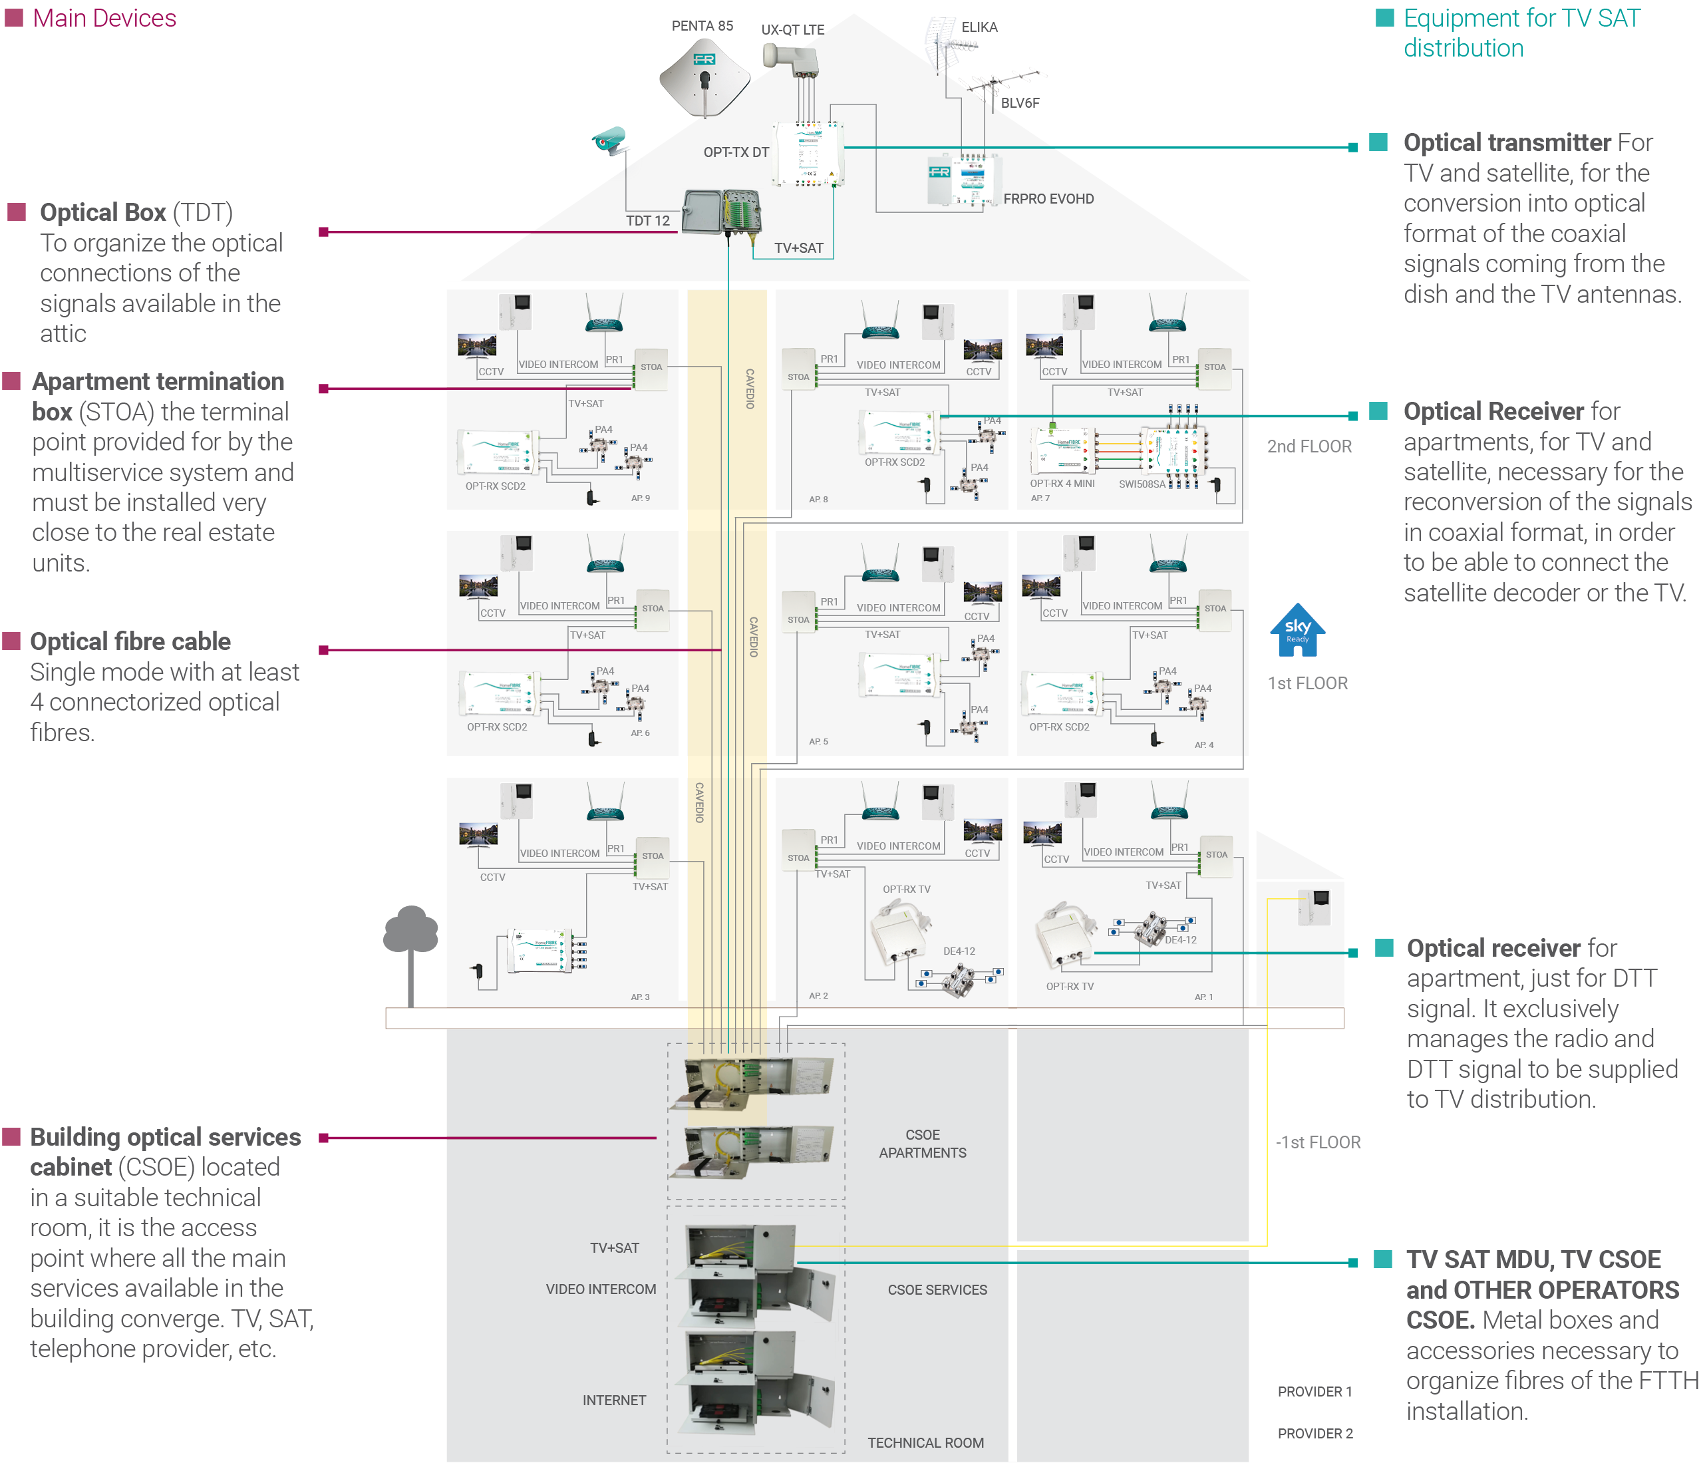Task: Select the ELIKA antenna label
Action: click(x=979, y=27)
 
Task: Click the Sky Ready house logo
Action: click(x=1297, y=631)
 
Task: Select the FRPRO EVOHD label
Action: click(x=1048, y=199)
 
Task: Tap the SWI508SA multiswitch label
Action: click(x=1142, y=484)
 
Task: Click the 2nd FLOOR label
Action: click(x=1309, y=446)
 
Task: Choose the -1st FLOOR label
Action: click(x=1318, y=1142)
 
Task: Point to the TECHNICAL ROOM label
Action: click(x=925, y=1442)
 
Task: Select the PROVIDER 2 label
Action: click(x=1315, y=1433)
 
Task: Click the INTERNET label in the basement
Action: click(x=614, y=1400)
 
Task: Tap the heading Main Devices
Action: click(x=104, y=18)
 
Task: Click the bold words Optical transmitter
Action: click(x=1506, y=142)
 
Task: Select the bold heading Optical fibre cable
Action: click(x=130, y=641)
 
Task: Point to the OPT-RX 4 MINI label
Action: click(x=1062, y=483)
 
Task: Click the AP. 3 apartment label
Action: click(x=641, y=997)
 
